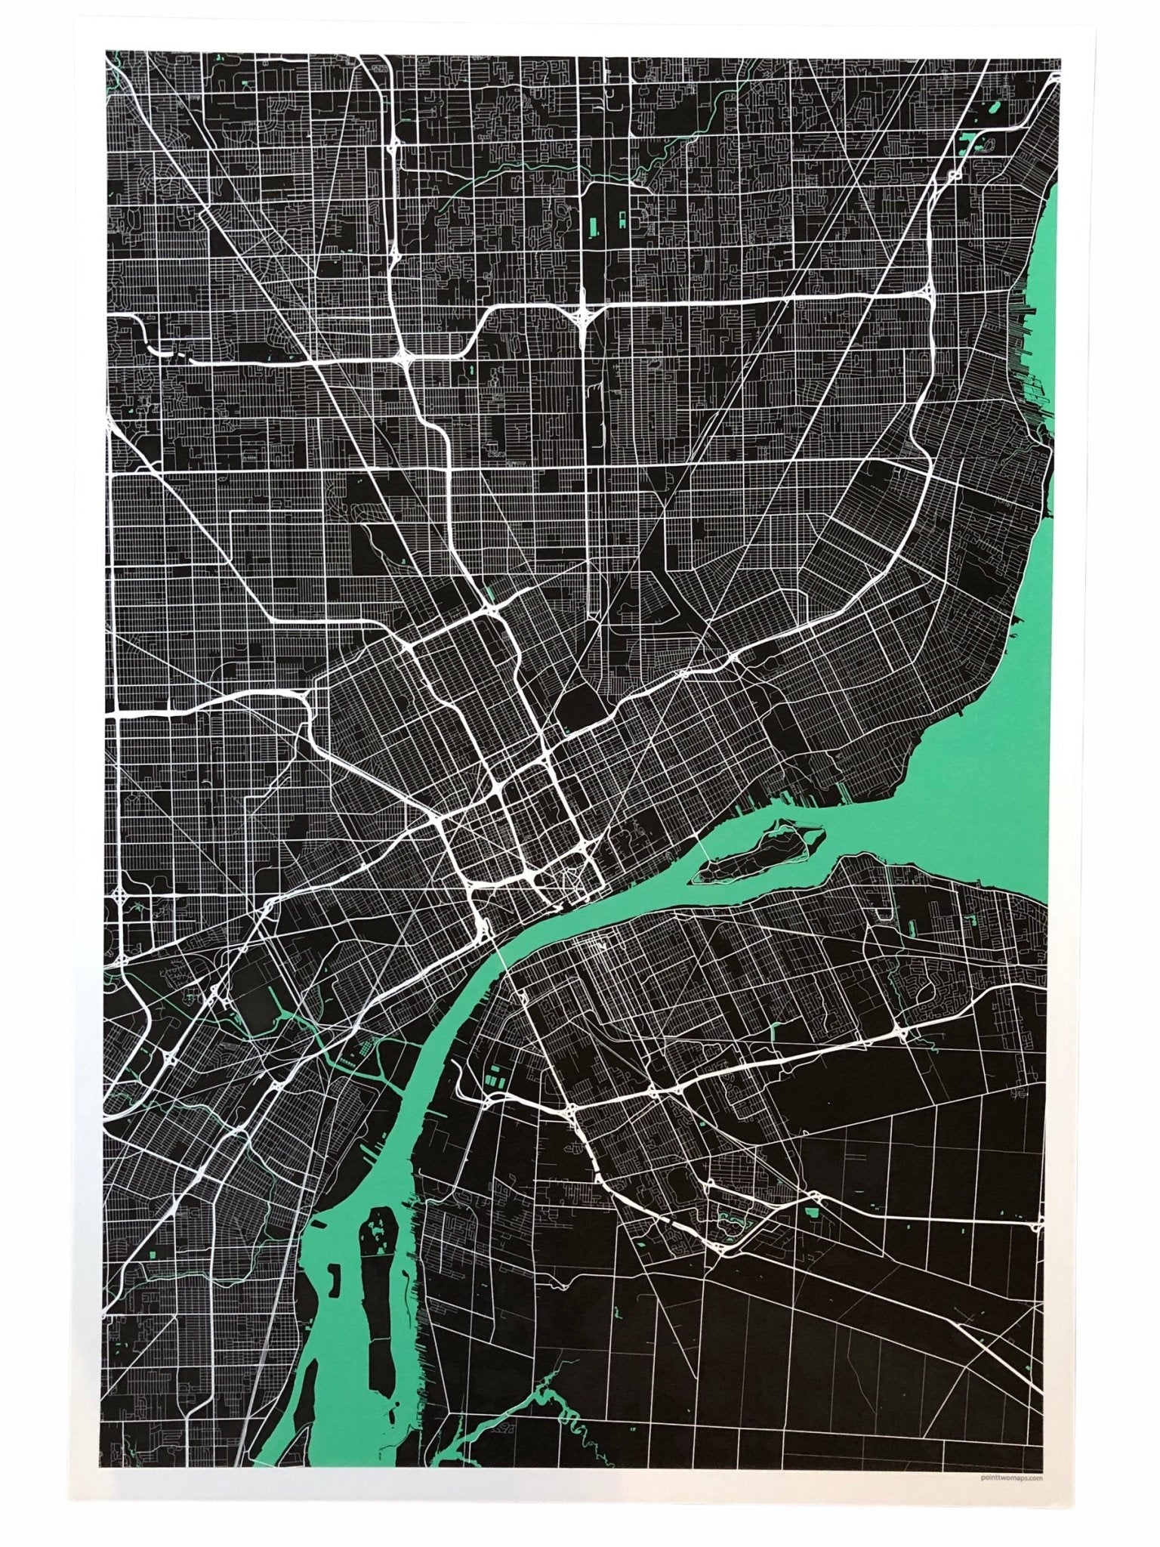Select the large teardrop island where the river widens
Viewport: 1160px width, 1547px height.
(x=759, y=857)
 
